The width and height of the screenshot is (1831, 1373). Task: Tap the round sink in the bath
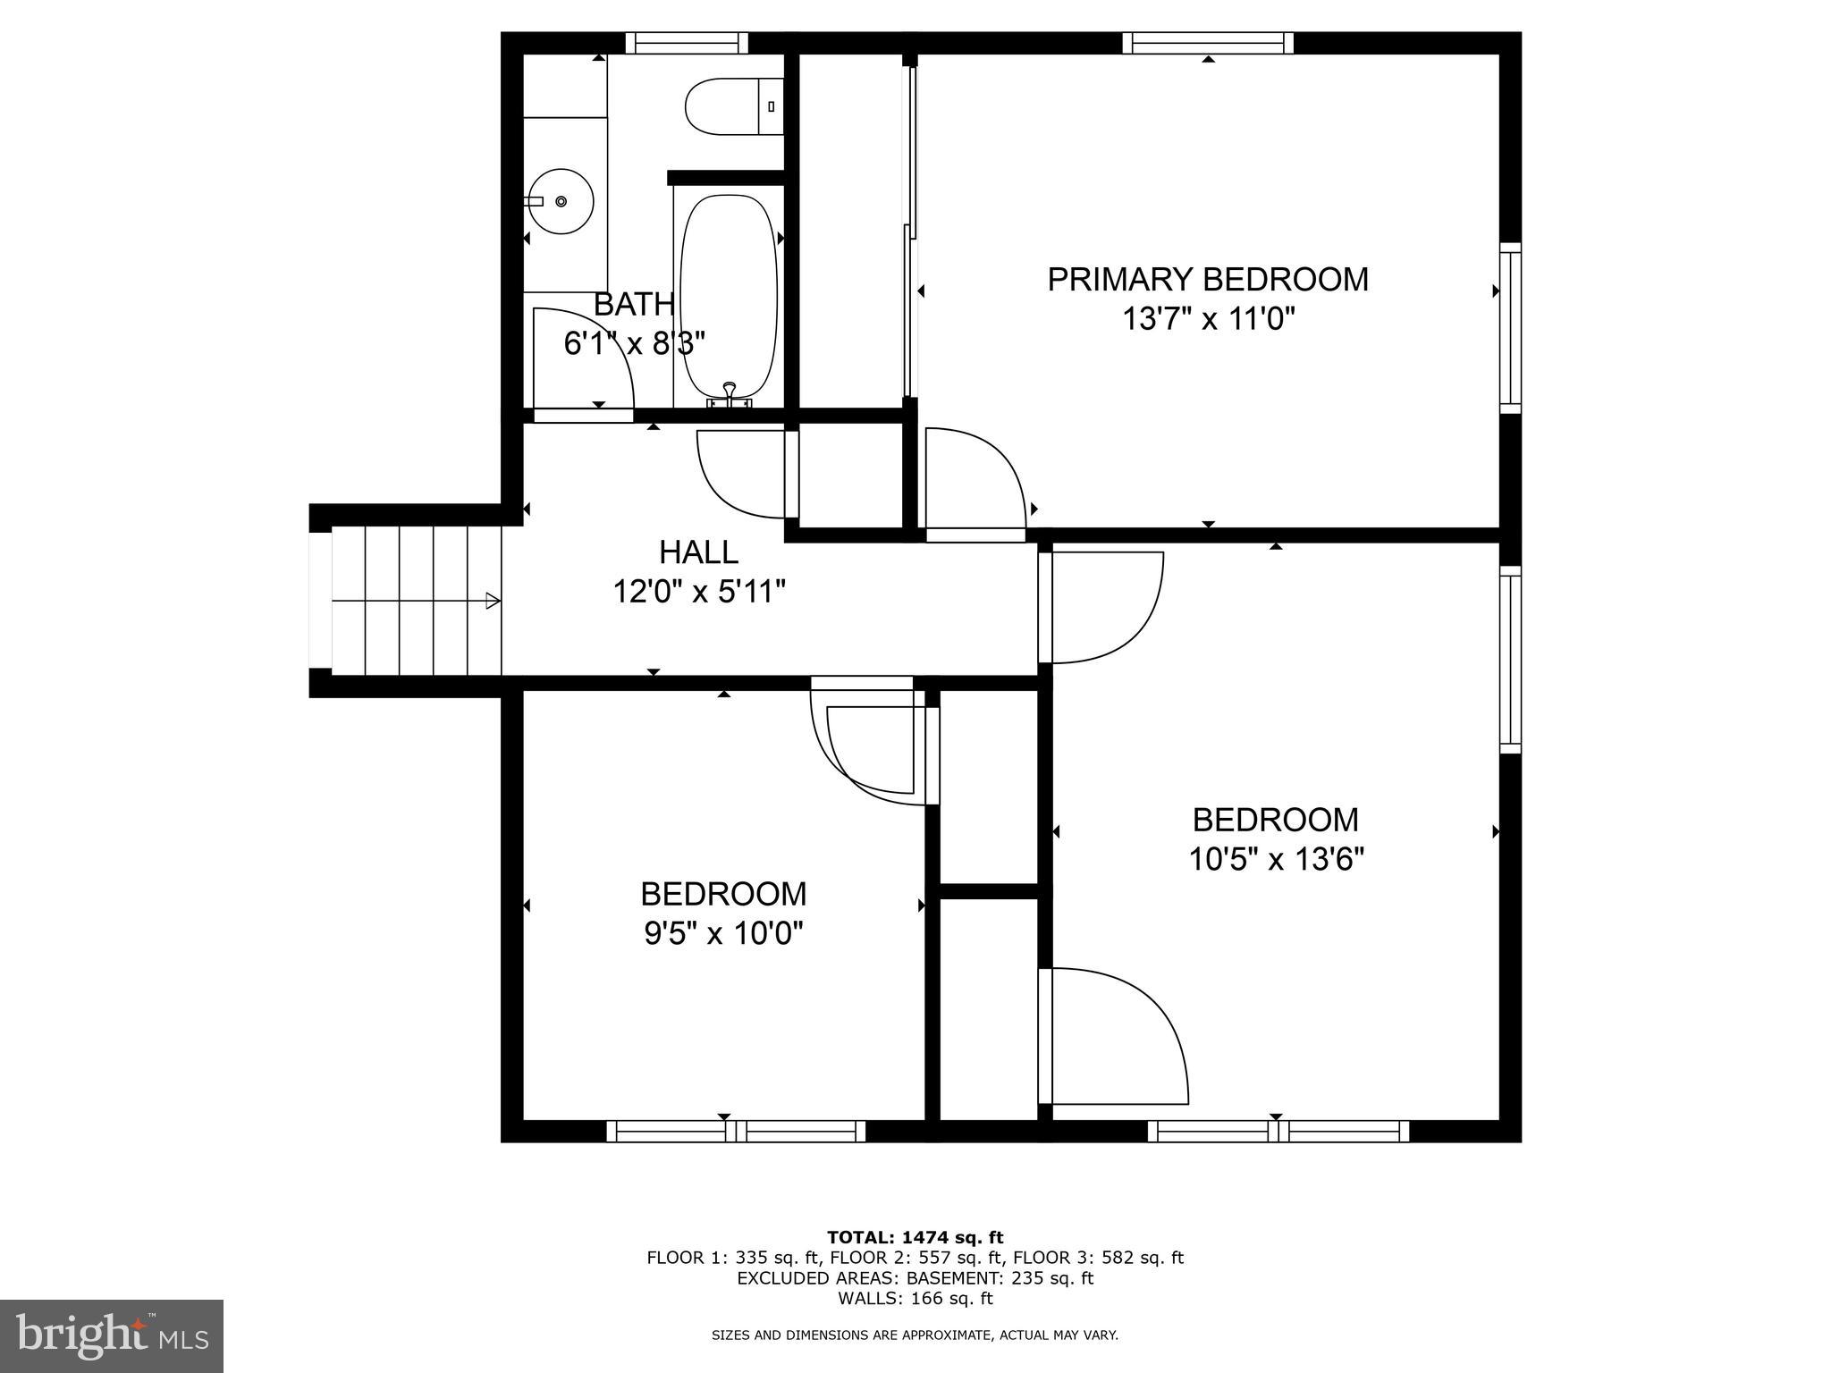click(561, 201)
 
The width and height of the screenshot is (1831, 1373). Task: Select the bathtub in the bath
click(729, 295)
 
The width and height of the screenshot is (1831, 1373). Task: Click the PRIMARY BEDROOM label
click(1207, 280)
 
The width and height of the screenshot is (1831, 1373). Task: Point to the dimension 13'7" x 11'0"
click(1208, 319)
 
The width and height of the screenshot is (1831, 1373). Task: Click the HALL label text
click(698, 552)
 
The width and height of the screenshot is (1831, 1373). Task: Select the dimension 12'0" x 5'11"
click(698, 592)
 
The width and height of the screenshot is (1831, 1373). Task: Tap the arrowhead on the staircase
click(493, 601)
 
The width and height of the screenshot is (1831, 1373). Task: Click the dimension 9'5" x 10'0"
click(723, 934)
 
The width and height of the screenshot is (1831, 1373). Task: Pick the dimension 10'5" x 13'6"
click(1275, 860)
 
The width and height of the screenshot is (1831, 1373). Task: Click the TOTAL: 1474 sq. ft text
click(915, 1238)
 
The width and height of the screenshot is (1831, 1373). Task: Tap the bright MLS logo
click(112, 1335)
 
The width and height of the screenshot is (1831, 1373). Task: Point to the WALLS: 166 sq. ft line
click(915, 1299)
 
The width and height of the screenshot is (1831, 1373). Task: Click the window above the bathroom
click(686, 42)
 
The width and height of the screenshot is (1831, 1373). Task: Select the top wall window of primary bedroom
click(1208, 42)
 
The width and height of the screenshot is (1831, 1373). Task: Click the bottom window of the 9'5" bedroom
click(736, 1132)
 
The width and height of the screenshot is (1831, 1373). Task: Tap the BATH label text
click(634, 305)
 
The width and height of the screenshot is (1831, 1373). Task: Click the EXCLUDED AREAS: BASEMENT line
click(915, 1278)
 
